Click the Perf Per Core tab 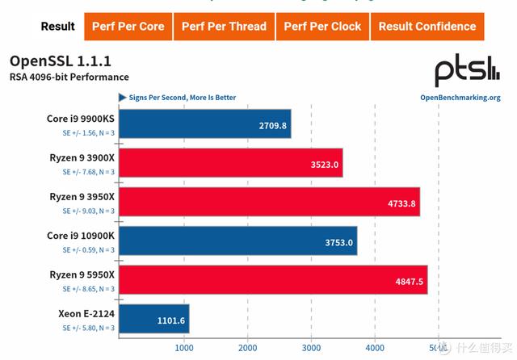coord(128,27)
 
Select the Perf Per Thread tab coord(224,27)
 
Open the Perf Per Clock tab coord(322,27)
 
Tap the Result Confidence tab coord(427,27)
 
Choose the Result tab coord(58,27)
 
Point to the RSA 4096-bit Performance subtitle coord(69,77)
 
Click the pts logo coord(467,71)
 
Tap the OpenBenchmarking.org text coord(460,98)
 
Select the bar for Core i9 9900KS coord(204,124)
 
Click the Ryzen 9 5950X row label coord(81,274)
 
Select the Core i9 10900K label coord(81,236)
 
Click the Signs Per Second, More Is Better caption coord(182,98)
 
